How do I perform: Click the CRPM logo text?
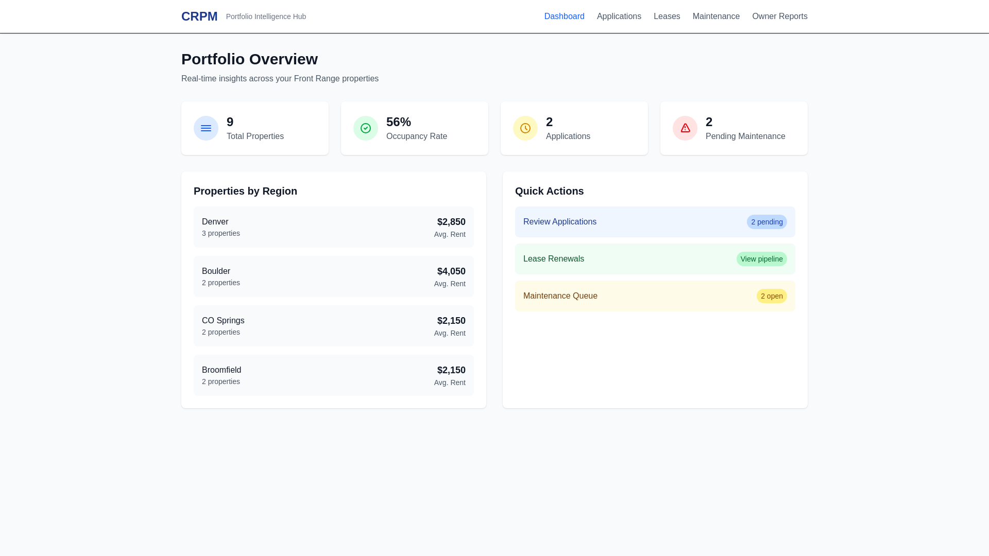pos(199,16)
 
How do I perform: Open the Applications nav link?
pos(619,16)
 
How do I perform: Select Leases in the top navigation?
pos(667,16)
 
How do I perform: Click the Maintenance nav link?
pos(716,16)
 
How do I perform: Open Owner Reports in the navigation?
pos(779,16)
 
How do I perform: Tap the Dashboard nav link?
pos(564,16)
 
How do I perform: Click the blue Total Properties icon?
pos(206,128)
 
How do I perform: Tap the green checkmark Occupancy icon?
pos(366,128)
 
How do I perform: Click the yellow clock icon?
pos(525,128)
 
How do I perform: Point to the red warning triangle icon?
pos(685,128)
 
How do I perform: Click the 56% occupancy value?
pos(399,122)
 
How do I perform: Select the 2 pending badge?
pos(766,222)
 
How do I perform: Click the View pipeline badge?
pos(761,259)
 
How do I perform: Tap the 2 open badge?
pos(771,296)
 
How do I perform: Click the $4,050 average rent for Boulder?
pos(451,271)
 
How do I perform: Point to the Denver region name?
pos(215,222)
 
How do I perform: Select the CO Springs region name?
pos(223,321)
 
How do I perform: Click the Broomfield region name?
pos(221,370)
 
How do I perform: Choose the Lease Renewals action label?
pos(554,259)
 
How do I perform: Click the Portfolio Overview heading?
pos(249,59)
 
